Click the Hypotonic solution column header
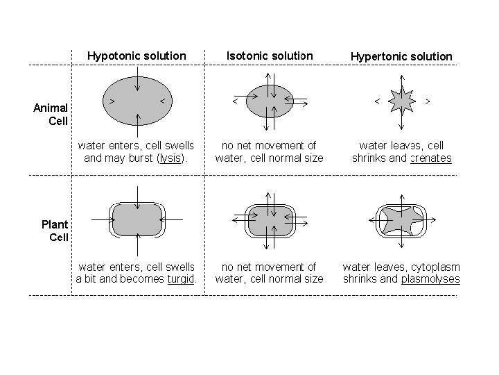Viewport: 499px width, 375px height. pyautogui.click(x=137, y=55)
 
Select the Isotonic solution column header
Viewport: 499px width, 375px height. pyautogui.click(x=270, y=55)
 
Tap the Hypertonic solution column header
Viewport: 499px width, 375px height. pyautogui.click(x=401, y=56)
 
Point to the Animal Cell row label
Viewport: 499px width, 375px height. pyautogui.click(x=51, y=114)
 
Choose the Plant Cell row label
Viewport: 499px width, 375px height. pyautogui.click(x=54, y=231)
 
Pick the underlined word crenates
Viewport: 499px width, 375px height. pyautogui.click(x=430, y=158)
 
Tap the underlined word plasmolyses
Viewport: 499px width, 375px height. pyautogui.click(x=430, y=279)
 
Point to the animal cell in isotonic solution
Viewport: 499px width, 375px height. pyautogui.click(x=270, y=101)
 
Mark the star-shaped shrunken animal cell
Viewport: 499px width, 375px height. pyautogui.click(x=401, y=101)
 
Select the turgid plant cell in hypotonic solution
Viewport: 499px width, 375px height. pyautogui.click(x=137, y=219)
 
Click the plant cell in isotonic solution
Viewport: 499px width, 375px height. pyautogui.click(x=270, y=219)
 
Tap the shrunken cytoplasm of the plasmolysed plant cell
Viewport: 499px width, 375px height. pyautogui.click(x=401, y=219)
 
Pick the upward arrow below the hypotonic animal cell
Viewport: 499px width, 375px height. pyautogui.click(x=137, y=125)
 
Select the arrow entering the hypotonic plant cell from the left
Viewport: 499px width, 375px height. pyautogui.click(x=100, y=219)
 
